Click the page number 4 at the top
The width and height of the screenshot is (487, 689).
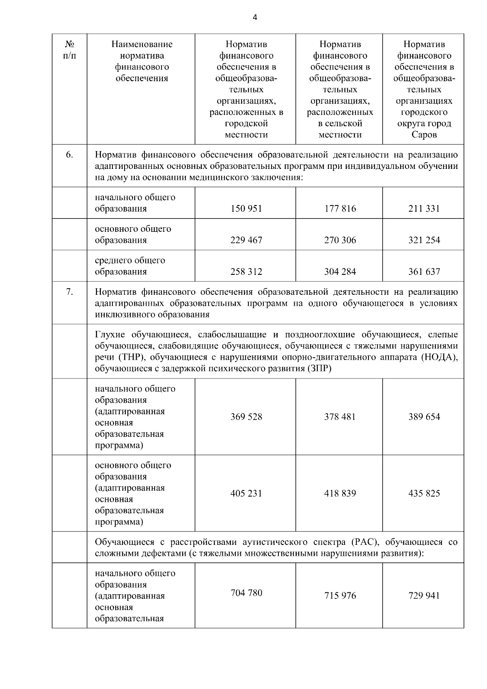[x=254, y=17]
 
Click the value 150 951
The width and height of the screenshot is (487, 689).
[x=246, y=209]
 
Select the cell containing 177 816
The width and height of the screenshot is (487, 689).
[x=340, y=209]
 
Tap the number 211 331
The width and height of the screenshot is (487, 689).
[x=424, y=209]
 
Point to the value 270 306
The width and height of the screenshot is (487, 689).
[x=340, y=240]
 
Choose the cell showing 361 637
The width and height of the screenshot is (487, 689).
[x=424, y=272]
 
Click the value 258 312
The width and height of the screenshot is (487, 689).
[x=246, y=272]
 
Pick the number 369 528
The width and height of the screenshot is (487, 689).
[x=246, y=417]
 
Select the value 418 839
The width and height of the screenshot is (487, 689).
[x=340, y=493]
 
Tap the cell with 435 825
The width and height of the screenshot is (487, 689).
[x=424, y=493]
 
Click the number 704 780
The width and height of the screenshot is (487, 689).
[x=246, y=593]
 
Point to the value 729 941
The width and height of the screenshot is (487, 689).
[x=424, y=596]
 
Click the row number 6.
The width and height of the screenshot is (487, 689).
[x=69, y=155]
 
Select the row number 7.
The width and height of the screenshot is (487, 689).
[x=69, y=292]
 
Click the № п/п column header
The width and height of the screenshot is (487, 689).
[x=69, y=50]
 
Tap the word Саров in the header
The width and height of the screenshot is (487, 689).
[x=424, y=135]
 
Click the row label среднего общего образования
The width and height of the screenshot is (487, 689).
[x=130, y=266]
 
